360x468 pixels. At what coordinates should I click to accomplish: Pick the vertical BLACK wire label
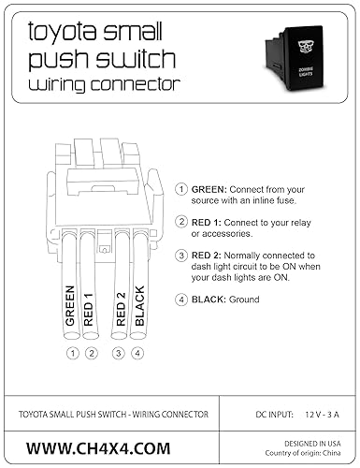[x=139, y=305]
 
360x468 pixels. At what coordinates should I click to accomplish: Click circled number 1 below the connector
[x=72, y=353]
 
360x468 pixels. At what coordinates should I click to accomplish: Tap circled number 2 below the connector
[x=91, y=353]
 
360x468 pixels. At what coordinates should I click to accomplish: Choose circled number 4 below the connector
[x=139, y=353]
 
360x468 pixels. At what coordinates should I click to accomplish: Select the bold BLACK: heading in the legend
[x=211, y=300]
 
